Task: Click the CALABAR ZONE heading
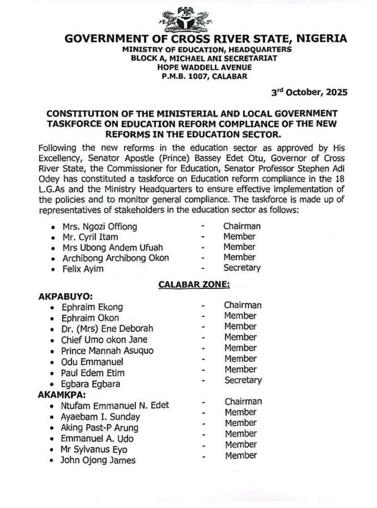tap(194, 285)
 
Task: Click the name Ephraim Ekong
tap(92, 307)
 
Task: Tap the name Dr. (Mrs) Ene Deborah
tap(107, 329)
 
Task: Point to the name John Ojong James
tap(98, 460)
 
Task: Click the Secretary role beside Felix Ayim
tap(241, 268)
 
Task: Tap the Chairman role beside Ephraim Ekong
tap(243, 305)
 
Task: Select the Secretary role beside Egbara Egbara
tap(243, 380)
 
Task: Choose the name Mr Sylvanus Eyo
tap(94, 449)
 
